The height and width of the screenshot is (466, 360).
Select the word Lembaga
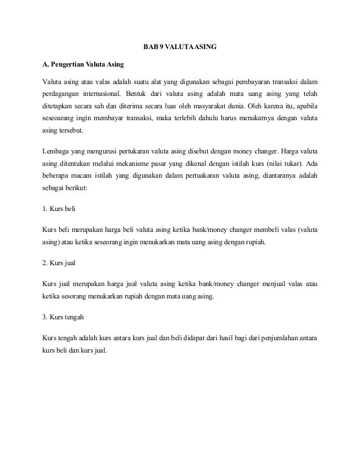coord(56,151)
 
